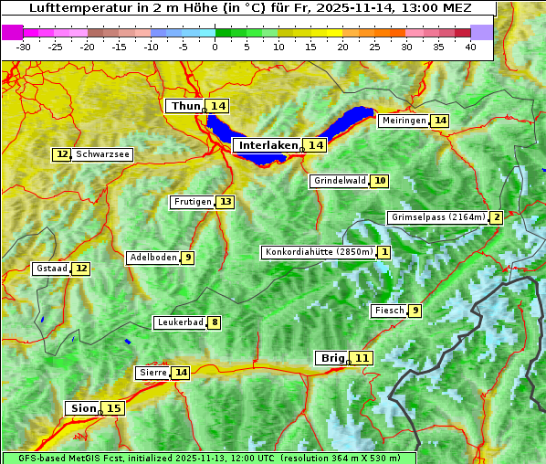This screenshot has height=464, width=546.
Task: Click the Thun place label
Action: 185,107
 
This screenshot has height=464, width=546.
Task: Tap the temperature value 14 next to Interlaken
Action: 315,145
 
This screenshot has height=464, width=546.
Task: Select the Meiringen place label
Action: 404,121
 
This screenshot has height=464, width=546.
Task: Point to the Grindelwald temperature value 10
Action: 379,181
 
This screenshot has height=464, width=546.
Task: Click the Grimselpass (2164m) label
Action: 437,217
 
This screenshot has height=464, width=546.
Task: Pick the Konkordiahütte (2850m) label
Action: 319,252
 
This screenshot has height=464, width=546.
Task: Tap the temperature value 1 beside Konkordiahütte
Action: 384,252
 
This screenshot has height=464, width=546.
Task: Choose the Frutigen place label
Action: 192,202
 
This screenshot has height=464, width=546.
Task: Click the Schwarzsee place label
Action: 102,154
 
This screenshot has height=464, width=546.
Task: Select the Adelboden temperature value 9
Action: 187,258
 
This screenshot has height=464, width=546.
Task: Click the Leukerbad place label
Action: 180,322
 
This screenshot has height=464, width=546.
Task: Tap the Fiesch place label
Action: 388,311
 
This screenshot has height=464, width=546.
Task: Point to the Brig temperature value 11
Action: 362,358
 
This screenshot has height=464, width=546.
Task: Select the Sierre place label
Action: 152,373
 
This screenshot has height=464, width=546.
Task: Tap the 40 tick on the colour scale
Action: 470,47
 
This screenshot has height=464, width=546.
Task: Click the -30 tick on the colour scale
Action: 24,47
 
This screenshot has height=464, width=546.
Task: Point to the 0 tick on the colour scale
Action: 215,47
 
